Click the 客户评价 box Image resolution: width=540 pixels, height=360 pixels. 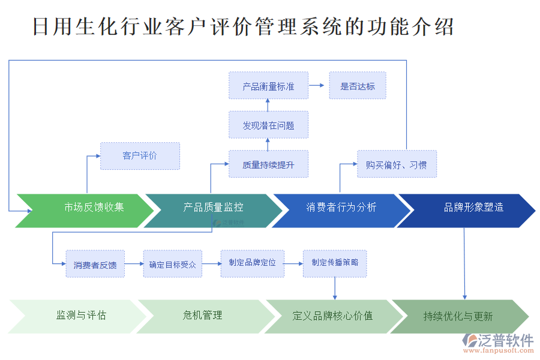click(x=140, y=156)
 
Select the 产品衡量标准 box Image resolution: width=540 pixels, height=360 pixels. click(x=268, y=86)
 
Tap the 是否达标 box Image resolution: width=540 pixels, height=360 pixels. click(x=358, y=86)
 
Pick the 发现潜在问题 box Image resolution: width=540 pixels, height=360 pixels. click(x=268, y=125)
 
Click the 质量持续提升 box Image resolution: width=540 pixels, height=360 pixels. click(x=268, y=164)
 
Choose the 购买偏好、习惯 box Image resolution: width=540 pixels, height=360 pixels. click(x=397, y=164)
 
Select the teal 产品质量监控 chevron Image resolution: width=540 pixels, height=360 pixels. click(x=213, y=208)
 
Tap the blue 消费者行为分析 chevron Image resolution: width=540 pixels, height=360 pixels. click(x=341, y=208)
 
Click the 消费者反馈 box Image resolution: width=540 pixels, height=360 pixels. click(x=95, y=264)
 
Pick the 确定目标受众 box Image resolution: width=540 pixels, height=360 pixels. click(x=172, y=264)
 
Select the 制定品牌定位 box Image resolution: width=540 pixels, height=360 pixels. click(x=252, y=263)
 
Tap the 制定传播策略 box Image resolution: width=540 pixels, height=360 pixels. click(x=334, y=263)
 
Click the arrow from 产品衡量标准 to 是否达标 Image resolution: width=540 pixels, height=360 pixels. click(x=319, y=86)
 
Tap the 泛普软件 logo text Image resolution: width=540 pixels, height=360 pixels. click(x=505, y=340)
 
